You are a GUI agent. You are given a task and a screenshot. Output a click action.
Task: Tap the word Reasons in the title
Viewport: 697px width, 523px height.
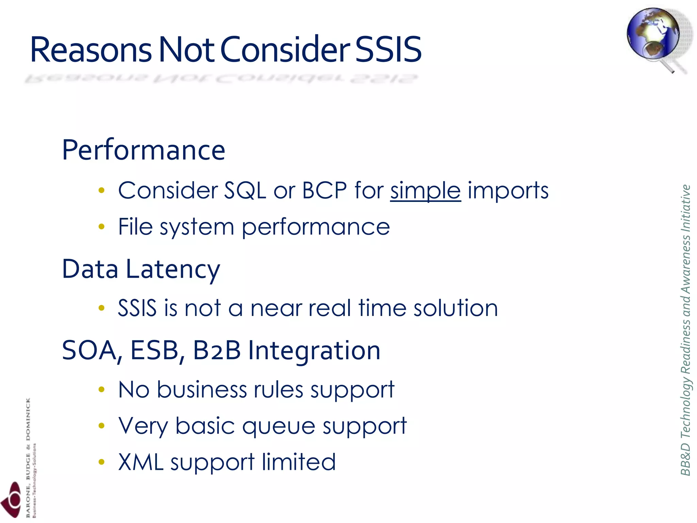click(x=91, y=50)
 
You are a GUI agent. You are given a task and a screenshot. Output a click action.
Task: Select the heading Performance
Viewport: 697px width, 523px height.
click(x=143, y=150)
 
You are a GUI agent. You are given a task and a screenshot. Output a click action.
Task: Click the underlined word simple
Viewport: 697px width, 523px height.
click(x=425, y=190)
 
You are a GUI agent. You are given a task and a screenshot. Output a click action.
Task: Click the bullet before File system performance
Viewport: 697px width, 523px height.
click(x=101, y=226)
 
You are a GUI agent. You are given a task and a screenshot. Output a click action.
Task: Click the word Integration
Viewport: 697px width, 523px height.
click(x=314, y=351)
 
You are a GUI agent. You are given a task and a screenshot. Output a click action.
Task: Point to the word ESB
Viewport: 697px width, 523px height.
click(x=155, y=350)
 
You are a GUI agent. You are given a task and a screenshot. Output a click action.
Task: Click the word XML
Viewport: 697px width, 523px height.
click(x=141, y=462)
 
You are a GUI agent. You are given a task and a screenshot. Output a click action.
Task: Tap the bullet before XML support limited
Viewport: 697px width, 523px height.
click(x=101, y=462)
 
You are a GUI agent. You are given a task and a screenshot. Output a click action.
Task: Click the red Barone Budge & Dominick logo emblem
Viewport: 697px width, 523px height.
click(x=12, y=501)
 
